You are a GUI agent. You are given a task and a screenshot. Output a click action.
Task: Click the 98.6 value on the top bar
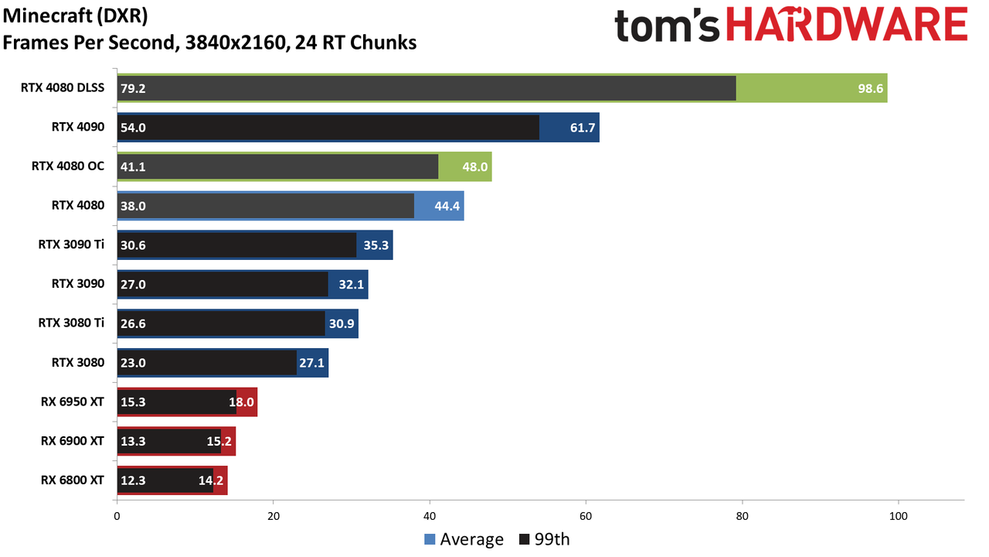click(x=870, y=88)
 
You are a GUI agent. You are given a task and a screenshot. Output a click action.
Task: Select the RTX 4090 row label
click(x=78, y=127)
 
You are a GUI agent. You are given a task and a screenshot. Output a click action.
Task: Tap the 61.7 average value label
click(x=583, y=128)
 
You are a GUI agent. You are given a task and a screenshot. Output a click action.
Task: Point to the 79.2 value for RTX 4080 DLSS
click(x=133, y=88)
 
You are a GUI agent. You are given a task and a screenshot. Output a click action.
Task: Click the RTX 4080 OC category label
click(x=68, y=166)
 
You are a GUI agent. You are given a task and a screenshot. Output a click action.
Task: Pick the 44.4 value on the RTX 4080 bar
click(x=447, y=206)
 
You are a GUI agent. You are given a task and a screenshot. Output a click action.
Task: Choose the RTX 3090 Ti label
click(x=72, y=244)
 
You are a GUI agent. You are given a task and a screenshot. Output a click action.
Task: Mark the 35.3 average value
click(x=376, y=245)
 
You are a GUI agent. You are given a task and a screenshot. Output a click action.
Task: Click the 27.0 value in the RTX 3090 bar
click(x=133, y=284)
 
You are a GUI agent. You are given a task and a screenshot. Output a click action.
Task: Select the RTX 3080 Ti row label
click(x=72, y=323)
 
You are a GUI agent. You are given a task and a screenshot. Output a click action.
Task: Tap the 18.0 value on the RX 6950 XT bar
click(x=241, y=402)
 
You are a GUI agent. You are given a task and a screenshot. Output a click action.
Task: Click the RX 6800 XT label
click(x=73, y=480)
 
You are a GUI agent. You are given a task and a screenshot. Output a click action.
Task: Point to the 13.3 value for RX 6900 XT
click(x=133, y=441)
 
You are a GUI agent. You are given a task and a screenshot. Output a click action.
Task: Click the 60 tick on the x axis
click(x=586, y=516)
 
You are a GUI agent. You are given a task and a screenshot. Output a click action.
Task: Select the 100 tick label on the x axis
click(x=898, y=516)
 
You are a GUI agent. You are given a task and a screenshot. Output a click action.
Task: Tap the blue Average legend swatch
click(x=430, y=539)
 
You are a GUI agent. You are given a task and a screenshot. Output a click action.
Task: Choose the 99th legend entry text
click(x=552, y=539)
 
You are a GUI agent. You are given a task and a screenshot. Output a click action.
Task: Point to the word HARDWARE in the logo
click(x=847, y=24)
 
